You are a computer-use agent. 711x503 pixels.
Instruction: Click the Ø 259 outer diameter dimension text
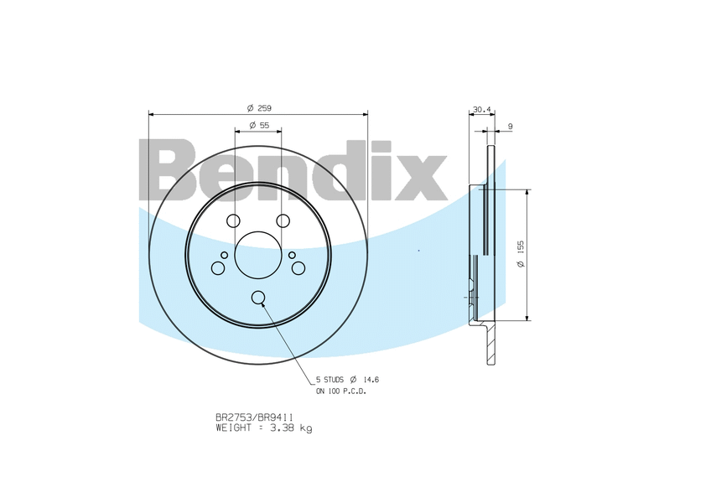(259, 108)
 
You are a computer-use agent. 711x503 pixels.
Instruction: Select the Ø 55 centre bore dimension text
(258, 125)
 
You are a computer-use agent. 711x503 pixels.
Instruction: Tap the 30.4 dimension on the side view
(481, 109)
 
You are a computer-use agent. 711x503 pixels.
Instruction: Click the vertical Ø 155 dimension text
(521, 254)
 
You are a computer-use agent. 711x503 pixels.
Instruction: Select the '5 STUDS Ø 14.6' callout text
(343, 379)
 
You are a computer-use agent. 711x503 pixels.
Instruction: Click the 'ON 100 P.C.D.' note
(340, 391)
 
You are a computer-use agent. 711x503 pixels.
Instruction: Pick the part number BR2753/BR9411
(254, 417)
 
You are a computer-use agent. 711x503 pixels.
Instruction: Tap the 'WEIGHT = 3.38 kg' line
(263, 428)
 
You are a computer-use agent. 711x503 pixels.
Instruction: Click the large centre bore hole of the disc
(257, 254)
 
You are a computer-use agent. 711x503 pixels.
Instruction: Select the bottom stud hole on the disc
(257, 297)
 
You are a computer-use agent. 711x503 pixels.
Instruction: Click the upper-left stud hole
(233, 220)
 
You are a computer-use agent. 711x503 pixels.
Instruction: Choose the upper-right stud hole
(283, 220)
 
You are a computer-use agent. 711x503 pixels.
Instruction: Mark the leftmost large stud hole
(218, 268)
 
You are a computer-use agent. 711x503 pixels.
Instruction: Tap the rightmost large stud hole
(298, 268)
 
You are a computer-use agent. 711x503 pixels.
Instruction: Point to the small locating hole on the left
(224, 255)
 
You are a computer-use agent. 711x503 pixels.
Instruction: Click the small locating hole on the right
(292, 255)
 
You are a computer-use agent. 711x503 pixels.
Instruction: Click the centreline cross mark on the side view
(474, 297)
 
